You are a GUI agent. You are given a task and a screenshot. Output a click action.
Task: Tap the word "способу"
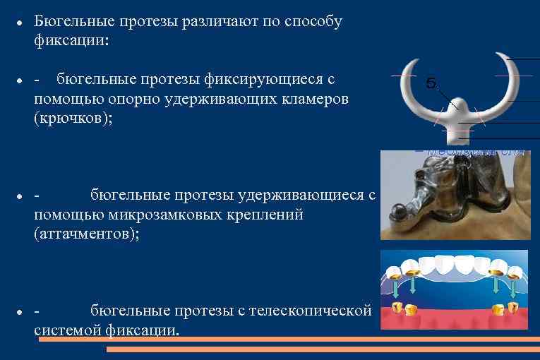click(x=311, y=21)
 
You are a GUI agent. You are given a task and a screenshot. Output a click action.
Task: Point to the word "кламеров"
click(x=310, y=99)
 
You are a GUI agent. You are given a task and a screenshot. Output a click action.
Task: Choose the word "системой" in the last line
click(x=67, y=330)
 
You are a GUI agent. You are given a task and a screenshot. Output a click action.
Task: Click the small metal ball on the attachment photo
click(x=397, y=209)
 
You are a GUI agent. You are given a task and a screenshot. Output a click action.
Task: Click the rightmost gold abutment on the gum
click(x=513, y=308)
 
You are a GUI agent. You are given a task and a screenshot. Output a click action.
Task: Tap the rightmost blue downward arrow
click(x=513, y=288)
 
